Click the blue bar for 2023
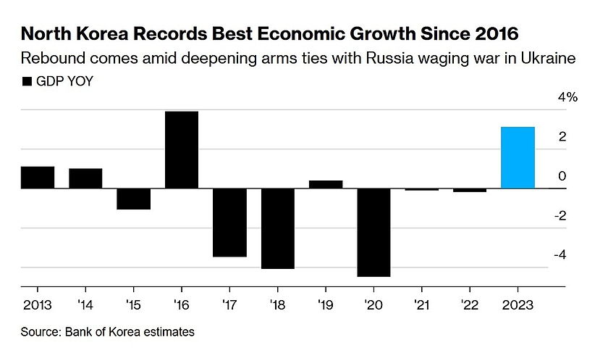click(518, 158)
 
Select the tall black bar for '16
click(182, 150)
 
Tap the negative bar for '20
click(374, 232)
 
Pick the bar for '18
click(278, 228)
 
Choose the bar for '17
click(229, 223)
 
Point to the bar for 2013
click(37, 178)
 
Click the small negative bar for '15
click(133, 199)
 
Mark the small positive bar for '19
click(326, 184)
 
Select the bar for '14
click(85, 178)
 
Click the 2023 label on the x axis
click(518, 304)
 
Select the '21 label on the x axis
click(422, 304)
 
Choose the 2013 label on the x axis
click(37, 304)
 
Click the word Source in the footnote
click(40, 333)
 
